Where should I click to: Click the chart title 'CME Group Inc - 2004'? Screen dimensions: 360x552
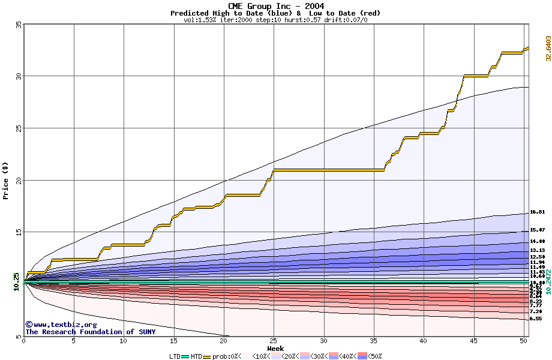coord(275,6)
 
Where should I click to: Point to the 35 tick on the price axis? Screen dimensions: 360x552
coord(19,25)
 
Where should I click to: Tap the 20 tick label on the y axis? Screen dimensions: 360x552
coord(19,180)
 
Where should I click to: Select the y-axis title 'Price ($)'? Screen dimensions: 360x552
coord(6,180)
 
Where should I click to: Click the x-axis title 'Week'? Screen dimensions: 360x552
coord(275,349)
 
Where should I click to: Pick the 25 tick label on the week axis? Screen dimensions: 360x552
coord(274,341)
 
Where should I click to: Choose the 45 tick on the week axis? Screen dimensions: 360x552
coord(473,341)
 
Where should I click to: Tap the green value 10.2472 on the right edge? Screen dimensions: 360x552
coord(548,282)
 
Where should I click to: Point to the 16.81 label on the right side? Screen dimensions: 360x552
coord(537,212)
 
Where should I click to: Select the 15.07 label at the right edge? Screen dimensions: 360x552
coord(537,230)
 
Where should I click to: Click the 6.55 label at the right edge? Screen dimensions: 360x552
coord(536,319)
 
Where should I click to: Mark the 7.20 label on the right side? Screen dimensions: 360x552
coord(536,312)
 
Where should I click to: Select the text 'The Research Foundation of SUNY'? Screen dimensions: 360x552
coord(90,332)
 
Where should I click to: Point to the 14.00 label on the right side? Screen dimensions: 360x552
coord(537,241)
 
